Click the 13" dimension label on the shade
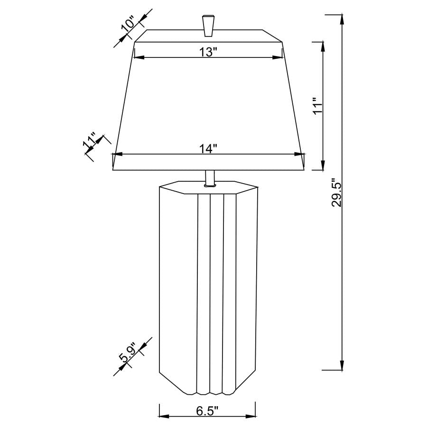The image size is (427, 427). (208, 52)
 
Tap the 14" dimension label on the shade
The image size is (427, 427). (208, 149)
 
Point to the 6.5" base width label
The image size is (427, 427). (207, 410)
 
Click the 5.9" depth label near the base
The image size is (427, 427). (129, 353)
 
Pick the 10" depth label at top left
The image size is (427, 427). (129, 24)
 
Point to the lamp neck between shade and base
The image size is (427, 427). (209, 178)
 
